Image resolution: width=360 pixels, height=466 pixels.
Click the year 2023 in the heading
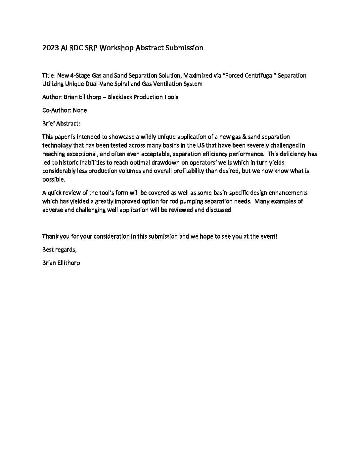(51, 48)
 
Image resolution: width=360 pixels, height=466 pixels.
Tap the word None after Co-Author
(80, 110)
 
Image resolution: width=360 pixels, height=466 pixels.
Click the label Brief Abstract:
(61, 123)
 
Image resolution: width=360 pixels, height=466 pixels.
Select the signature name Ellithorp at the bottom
(68, 263)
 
